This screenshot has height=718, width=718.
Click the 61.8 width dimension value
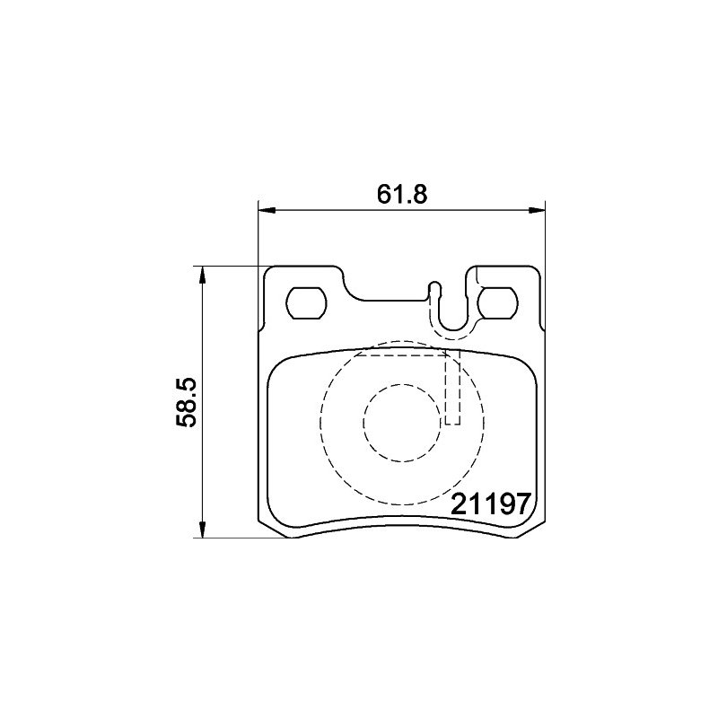point(402,194)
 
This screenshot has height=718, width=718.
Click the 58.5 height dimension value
point(187,402)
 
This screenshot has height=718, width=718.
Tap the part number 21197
point(491,504)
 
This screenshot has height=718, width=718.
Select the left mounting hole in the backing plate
point(306,302)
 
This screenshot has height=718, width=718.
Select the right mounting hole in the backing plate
point(497,302)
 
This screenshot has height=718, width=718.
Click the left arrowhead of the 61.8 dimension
point(267,210)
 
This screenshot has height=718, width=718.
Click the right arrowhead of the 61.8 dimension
point(537,210)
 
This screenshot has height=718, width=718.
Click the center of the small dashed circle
point(402,422)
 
